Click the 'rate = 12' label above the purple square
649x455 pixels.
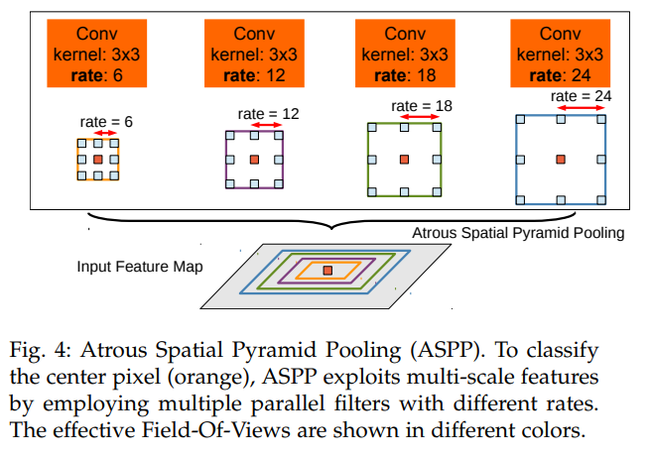268,114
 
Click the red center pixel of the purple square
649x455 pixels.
253,159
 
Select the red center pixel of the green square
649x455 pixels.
404,159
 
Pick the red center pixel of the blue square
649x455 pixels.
561,159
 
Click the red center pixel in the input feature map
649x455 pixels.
328,270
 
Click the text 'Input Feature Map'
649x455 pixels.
140,268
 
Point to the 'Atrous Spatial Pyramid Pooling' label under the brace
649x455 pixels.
518,234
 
